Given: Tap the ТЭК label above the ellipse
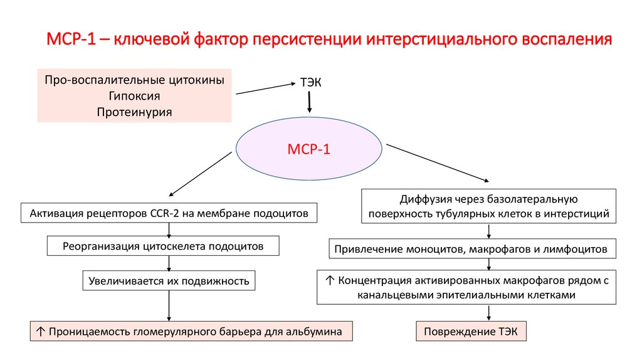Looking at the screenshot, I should coord(308,83).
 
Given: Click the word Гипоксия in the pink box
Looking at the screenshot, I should coord(134,96).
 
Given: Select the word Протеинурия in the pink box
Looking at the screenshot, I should coord(134,112).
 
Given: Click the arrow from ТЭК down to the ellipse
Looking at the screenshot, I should coord(308,102).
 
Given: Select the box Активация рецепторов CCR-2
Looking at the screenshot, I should coord(169,213).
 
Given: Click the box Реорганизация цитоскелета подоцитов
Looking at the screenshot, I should coord(162,246).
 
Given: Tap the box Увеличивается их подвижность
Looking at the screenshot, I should coord(169,280).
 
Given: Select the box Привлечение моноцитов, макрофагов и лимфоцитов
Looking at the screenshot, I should coord(470,249).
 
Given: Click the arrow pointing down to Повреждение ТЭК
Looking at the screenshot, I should coord(488,313).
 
